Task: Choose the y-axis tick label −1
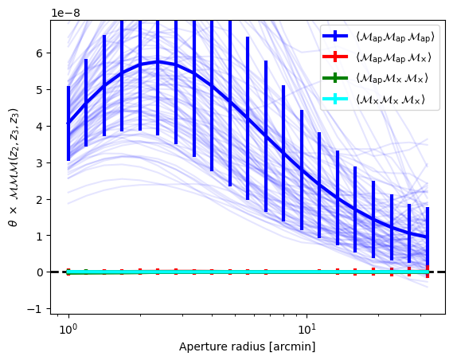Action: [36, 309]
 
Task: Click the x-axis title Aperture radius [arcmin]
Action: [248, 346]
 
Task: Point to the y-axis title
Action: [14, 167]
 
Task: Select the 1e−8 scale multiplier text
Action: [65, 13]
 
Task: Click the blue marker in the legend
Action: [335, 37]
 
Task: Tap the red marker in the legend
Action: [335, 57]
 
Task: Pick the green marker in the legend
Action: [335, 78]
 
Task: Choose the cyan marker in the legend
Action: [335, 100]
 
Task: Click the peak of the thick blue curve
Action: [158, 62]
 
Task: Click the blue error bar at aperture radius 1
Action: [68, 123]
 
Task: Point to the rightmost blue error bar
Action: [428, 240]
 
